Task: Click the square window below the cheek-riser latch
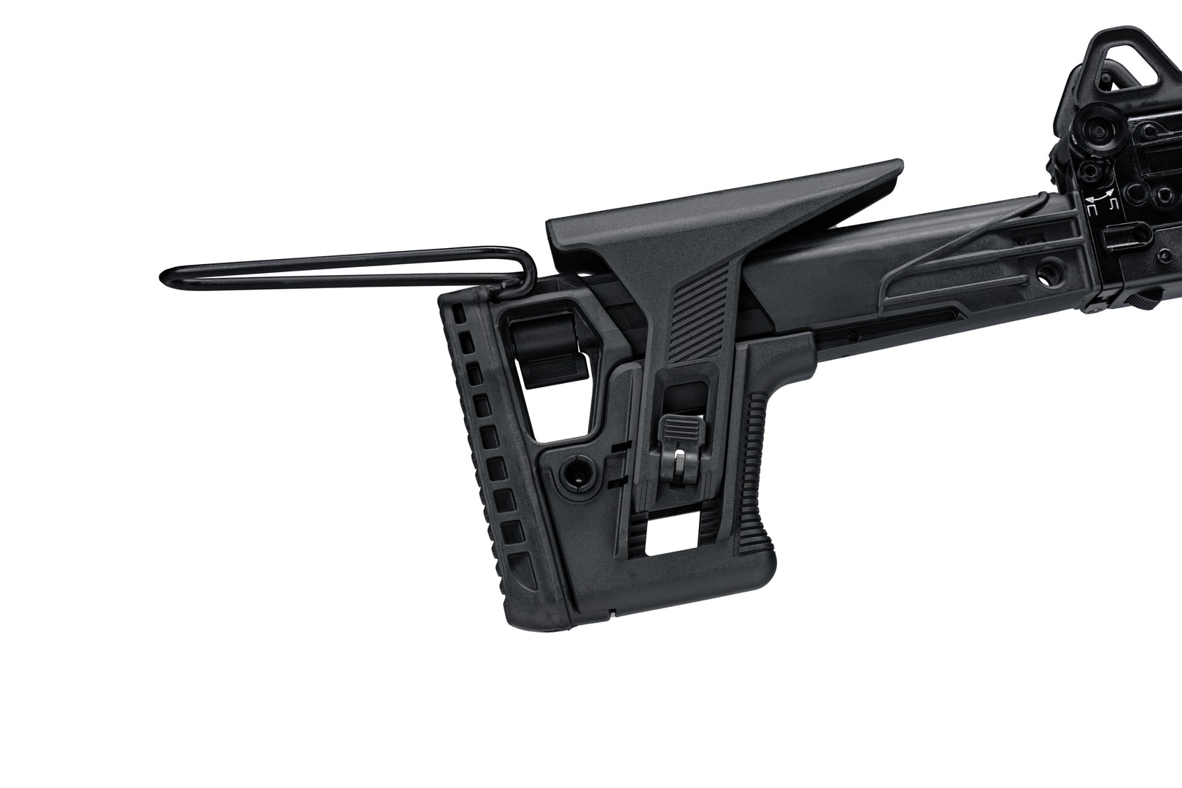click(674, 539)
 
